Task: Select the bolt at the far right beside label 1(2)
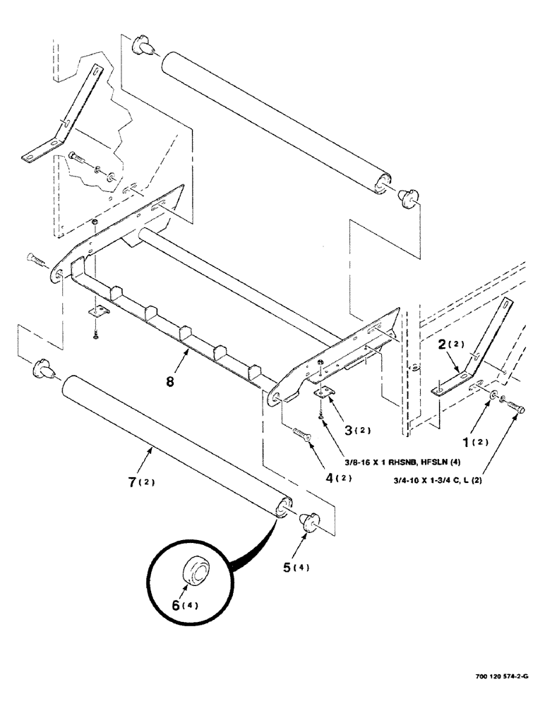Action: pos(514,405)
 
